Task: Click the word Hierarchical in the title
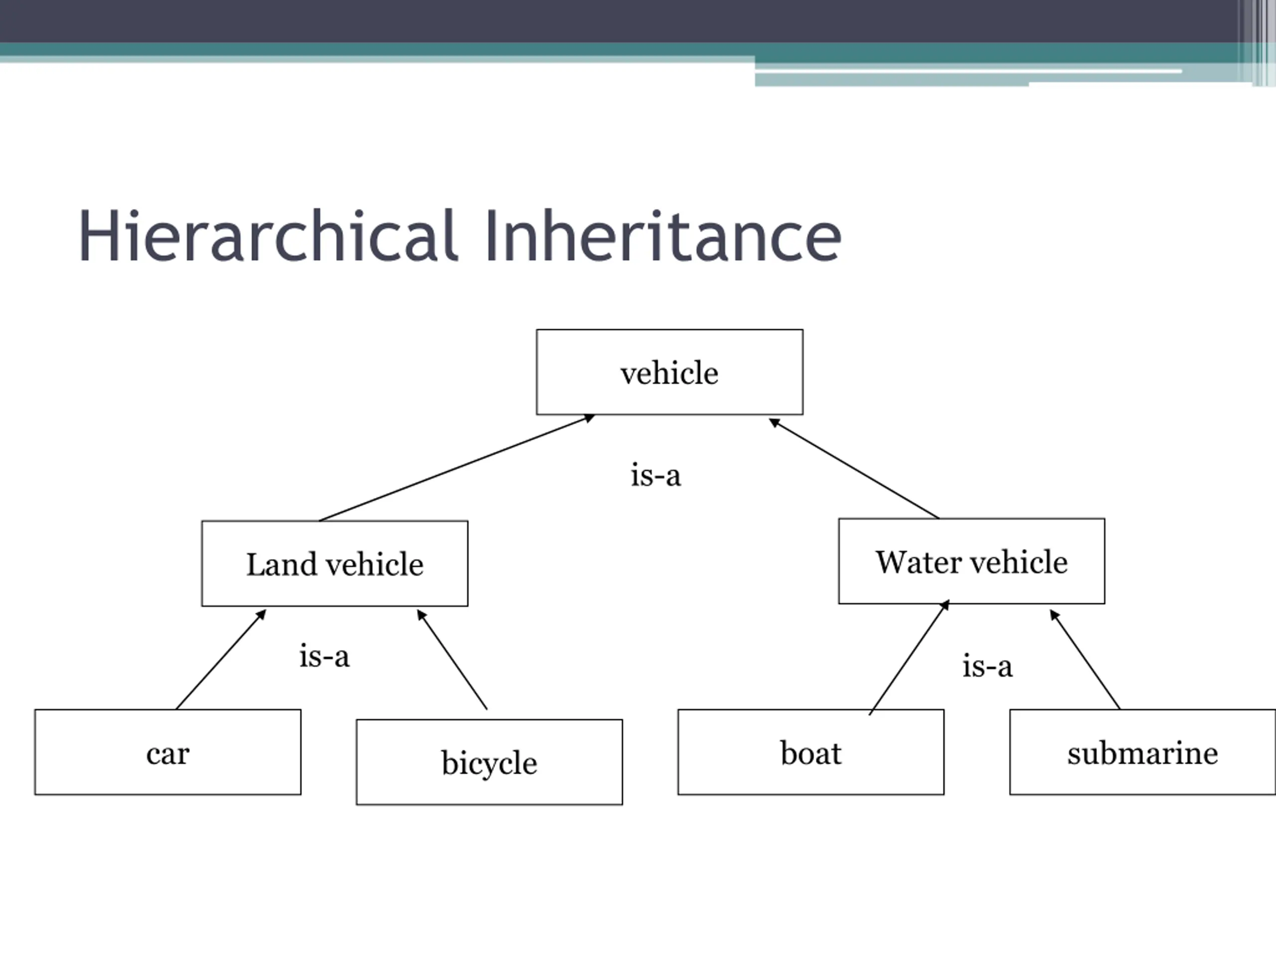[268, 236]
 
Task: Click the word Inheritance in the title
[663, 236]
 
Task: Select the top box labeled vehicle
[669, 372]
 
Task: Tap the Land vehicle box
[334, 564]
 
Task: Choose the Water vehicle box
[971, 561]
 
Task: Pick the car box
[167, 752]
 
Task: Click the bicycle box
[489, 762]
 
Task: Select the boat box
[810, 752]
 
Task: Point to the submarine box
[1142, 752]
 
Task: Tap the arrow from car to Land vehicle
[221, 659]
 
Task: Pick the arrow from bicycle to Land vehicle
[452, 660]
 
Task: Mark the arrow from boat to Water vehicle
[909, 657]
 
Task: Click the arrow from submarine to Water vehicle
[1085, 660]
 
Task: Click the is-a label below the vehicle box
[655, 476]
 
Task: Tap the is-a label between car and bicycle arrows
[324, 656]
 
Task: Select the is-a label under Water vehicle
[987, 666]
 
